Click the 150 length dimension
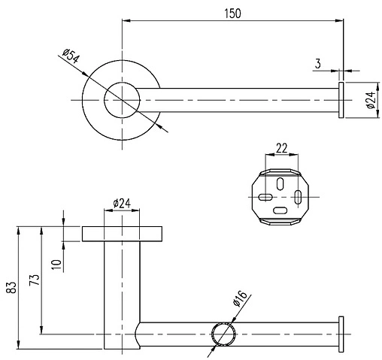[232, 14]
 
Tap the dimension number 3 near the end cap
[319, 65]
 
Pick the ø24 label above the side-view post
[122, 204]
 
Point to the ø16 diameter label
[240, 300]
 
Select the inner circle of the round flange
[121, 100]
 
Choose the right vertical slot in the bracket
[299, 198]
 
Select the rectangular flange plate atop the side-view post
[121, 233]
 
